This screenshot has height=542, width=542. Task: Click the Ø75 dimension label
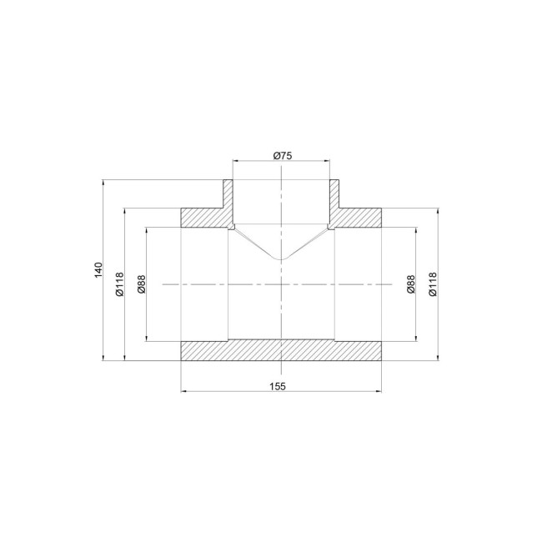click(283, 156)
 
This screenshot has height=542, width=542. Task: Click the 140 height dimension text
click(99, 269)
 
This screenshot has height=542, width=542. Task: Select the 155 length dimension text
click(278, 386)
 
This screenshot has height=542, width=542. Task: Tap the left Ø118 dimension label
click(119, 284)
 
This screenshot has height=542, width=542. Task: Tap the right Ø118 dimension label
click(433, 284)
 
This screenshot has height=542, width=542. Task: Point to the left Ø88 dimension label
click(142, 284)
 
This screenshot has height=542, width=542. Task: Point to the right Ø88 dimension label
click(410, 284)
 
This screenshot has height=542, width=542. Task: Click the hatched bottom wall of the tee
click(281, 350)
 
